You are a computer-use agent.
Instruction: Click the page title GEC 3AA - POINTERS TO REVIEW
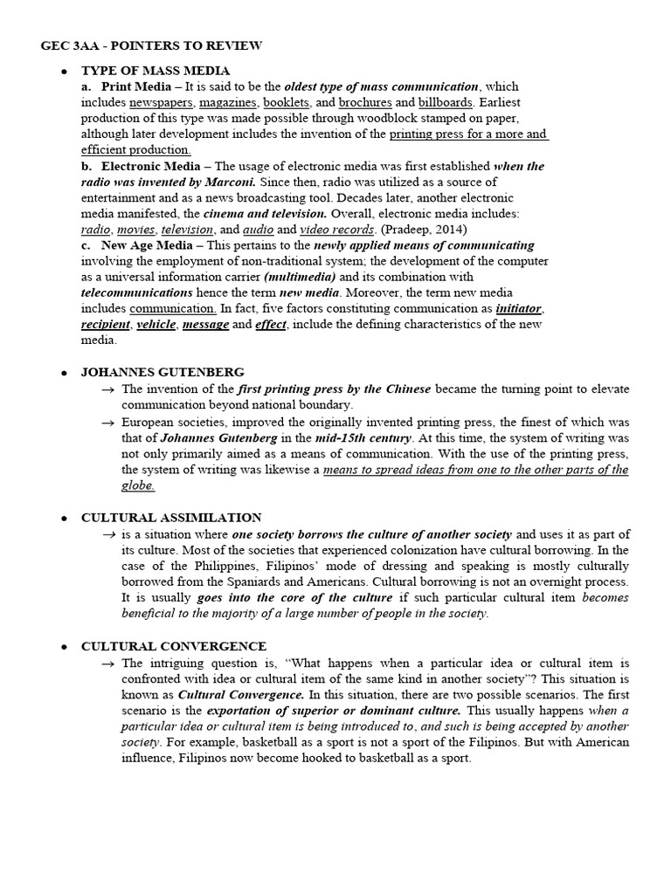(150, 45)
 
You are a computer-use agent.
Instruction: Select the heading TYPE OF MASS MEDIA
(156, 70)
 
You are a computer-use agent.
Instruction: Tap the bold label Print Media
(130, 86)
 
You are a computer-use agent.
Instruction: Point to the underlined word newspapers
(159, 103)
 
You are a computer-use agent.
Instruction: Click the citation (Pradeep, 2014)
(418, 230)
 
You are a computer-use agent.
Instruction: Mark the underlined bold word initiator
(519, 308)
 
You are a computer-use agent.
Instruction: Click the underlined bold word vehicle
(156, 325)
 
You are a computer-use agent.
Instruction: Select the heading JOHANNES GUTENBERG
(163, 373)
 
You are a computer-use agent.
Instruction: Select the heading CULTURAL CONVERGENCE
(173, 646)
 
